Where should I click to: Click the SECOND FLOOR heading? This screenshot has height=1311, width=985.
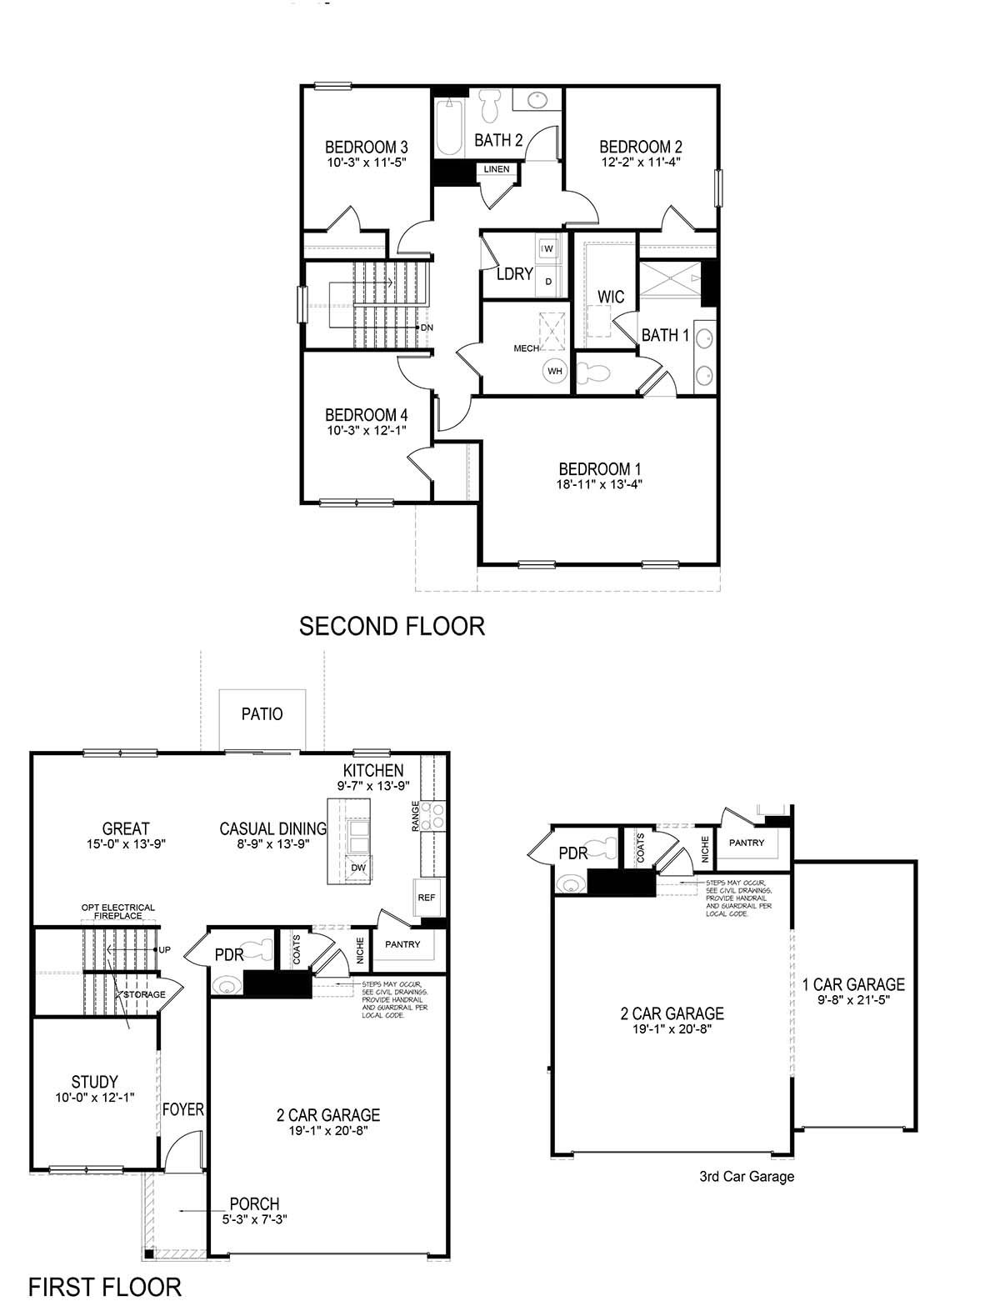(x=392, y=626)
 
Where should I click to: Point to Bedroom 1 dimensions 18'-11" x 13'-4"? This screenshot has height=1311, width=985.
(x=600, y=484)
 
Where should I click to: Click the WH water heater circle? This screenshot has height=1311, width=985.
(x=554, y=371)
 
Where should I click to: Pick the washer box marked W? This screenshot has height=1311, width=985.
(x=549, y=248)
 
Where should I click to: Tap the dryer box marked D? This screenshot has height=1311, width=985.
(x=549, y=282)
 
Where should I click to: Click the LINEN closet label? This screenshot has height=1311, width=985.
(x=497, y=169)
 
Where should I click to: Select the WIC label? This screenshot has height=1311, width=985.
(x=611, y=298)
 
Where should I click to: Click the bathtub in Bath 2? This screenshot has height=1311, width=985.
(x=448, y=128)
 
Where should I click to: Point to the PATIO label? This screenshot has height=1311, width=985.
(x=262, y=714)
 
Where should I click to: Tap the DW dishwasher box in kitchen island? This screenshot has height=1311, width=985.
(x=358, y=868)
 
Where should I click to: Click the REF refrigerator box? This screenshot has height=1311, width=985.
(x=426, y=898)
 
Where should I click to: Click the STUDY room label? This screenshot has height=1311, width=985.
(x=94, y=1083)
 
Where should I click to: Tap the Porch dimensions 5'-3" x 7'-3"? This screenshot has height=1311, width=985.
(x=255, y=1219)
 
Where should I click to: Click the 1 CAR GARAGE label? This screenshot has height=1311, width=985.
(x=853, y=985)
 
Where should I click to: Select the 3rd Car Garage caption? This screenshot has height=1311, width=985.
(x=747, y=1177)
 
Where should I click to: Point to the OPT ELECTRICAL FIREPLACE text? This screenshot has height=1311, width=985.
(x=117, y=912)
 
